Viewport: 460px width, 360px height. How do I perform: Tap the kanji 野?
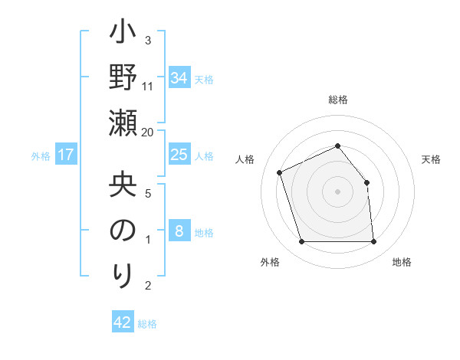(x=123, y=79)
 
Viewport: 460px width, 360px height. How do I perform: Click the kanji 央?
(x=123, y=185)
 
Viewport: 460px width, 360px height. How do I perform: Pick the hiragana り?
(x=123, y=273)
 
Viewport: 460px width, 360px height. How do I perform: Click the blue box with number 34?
(x=179, y=78)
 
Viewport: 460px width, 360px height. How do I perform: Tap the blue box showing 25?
(x=179, y=155)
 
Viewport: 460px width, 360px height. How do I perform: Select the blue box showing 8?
(x=179, y=231)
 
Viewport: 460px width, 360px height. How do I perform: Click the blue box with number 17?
(x=66, y=155)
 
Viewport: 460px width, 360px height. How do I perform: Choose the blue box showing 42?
(x=123, y=322)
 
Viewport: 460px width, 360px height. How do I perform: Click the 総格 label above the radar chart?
(x=338, y=100)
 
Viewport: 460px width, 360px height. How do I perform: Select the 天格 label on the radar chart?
(x=432, y=159)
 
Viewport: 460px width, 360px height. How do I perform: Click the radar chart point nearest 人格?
(x=280, y=172)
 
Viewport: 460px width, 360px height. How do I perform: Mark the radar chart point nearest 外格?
(x=301, y=242)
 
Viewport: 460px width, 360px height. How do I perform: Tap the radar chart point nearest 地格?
(x=374, y=242)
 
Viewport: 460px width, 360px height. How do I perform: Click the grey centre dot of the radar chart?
(x=338, y=191)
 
